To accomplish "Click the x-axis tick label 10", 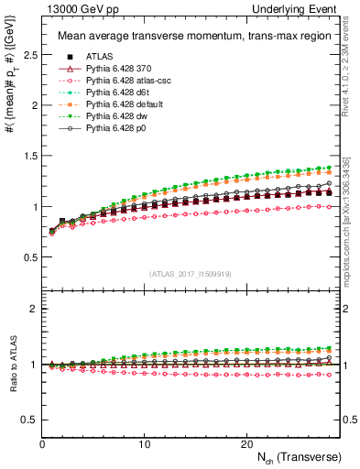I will click(145, 444).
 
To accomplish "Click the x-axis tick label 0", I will click(42, 444).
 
